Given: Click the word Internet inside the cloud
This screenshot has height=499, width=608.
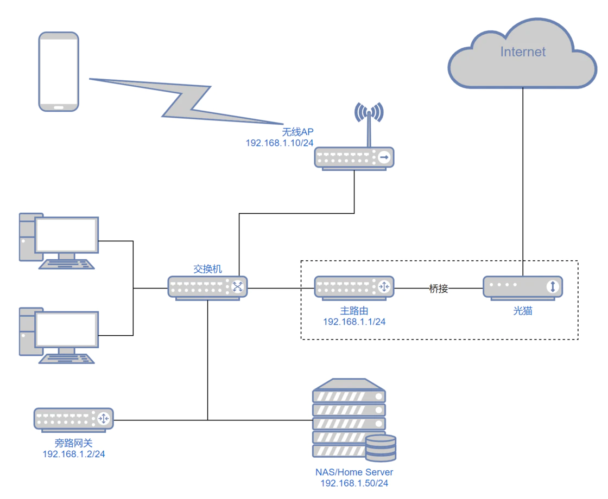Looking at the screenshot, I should click(523, 52).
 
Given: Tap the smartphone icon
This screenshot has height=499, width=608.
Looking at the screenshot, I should click(59, 71).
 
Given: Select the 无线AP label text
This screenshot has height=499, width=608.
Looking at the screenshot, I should click(298, 132).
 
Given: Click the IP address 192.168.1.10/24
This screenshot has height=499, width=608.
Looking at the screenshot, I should click(280, 143).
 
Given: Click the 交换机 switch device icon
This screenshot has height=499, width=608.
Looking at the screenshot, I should click(208, 287).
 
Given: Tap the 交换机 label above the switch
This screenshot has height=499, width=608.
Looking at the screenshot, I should click(208, 269).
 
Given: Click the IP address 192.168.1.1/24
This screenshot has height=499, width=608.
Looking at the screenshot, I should click(354, 322).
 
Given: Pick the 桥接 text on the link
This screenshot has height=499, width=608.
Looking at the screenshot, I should click(439, 289).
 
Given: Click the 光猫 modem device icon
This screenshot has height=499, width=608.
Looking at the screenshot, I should click(523, 287).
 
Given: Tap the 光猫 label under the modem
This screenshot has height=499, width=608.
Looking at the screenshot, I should click(523, 311).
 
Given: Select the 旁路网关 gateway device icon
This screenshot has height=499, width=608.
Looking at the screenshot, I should click(74, 419).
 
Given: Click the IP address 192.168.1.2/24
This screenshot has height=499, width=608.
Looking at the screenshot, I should click(74, 454).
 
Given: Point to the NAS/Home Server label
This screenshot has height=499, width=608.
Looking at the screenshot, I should click(354, 472).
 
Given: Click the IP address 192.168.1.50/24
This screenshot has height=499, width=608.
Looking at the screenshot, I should click(354, 483).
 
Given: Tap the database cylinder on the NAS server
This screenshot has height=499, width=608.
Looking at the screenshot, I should click(381, 447).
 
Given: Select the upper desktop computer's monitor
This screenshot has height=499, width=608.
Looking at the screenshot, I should click(66, 235).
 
